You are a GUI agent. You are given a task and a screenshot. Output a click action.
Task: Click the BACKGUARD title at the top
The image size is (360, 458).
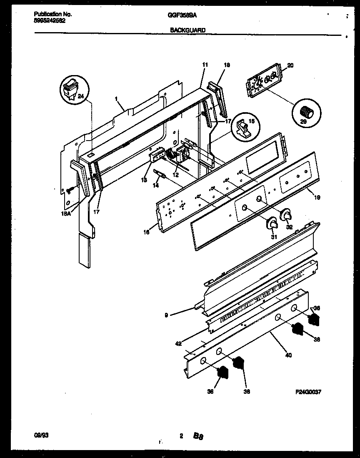(x=187, y=30)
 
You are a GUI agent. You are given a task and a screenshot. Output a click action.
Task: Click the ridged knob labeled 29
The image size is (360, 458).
(x=307, y=112)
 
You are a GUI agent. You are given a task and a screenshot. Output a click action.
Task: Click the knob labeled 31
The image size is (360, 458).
(x=272, y=224)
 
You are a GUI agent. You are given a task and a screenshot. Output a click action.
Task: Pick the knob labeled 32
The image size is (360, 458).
(x=287, y=215)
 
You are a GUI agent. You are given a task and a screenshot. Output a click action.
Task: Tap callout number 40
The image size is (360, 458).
(x=288, y=355)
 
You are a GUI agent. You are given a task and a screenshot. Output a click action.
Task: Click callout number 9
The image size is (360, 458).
(x=166, y=315)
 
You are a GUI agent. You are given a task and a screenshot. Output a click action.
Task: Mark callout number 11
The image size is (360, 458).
(x=205, y=65)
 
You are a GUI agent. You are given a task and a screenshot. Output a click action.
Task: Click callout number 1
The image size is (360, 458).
(x=116, y=99)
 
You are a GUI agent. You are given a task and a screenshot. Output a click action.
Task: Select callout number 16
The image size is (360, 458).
(x=147, y=232)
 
